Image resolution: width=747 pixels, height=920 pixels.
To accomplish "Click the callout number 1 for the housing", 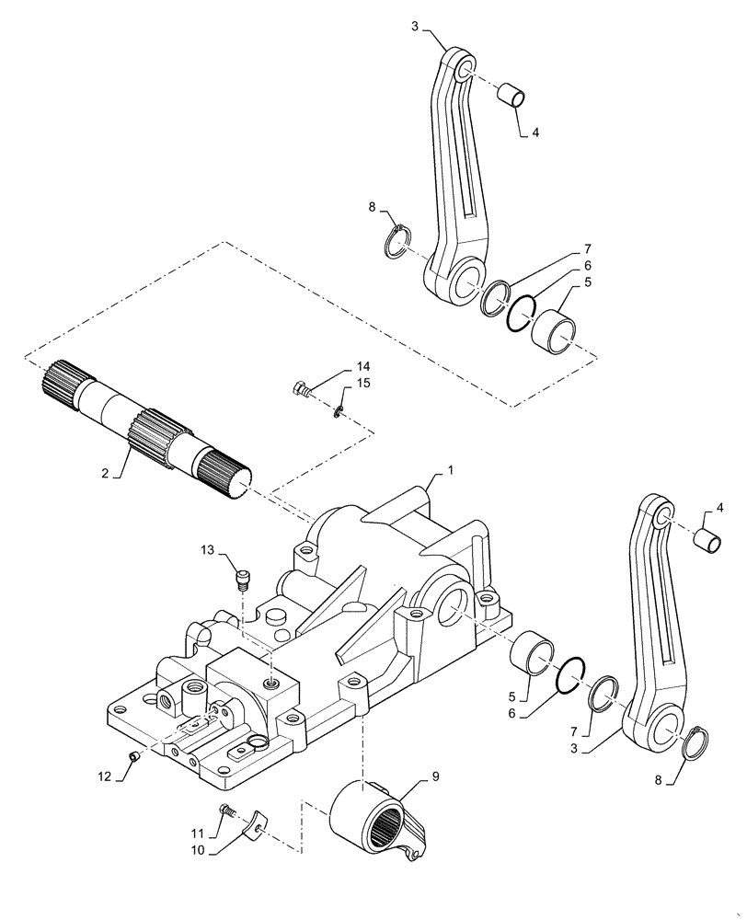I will (x=451, y=469).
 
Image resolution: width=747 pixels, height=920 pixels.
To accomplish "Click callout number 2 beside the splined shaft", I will (x=106, y=473).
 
